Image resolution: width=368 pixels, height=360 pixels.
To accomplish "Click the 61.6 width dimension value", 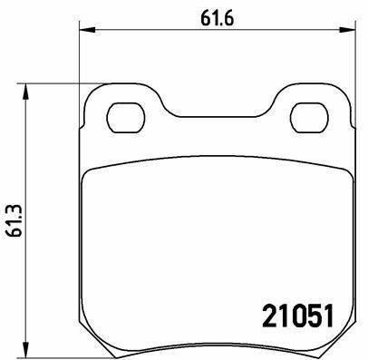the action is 218,19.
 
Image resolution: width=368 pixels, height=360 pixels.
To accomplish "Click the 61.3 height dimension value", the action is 15,220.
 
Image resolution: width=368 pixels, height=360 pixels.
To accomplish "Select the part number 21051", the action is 297,316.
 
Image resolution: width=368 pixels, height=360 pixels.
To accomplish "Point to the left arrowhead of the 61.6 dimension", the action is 87,30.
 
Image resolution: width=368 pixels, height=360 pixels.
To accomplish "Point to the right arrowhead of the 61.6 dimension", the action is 347,30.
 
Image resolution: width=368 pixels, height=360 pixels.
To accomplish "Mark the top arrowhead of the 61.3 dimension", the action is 26,92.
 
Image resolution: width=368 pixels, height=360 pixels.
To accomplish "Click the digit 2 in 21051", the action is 269,316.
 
